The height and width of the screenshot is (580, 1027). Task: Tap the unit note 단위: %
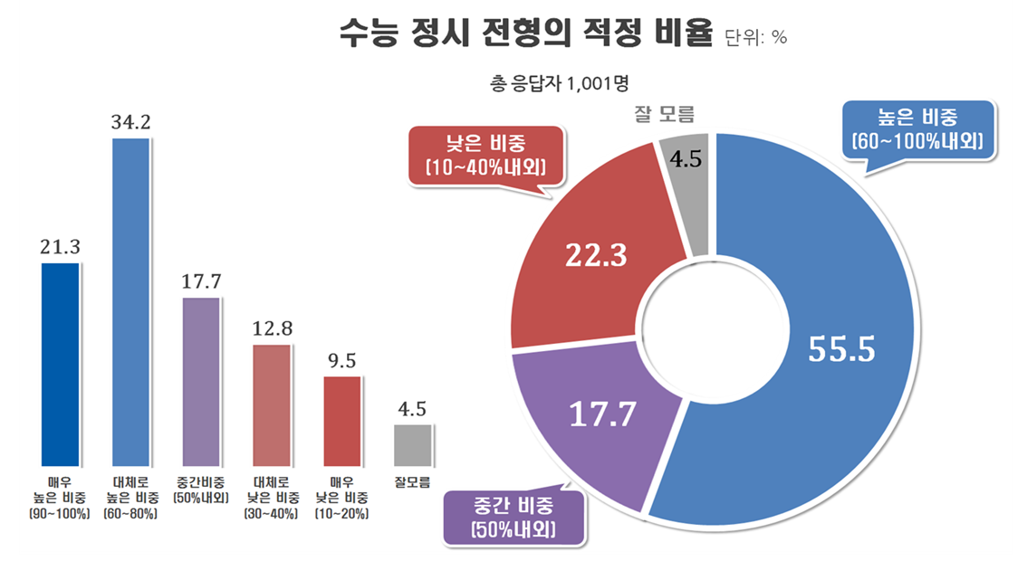pyautogui.click(x=756, y=38)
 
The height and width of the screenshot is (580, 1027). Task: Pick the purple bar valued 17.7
pyautogui.click(x=200, y=381)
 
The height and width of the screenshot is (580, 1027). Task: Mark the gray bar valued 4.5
pyautogui.click(x=412, y=443)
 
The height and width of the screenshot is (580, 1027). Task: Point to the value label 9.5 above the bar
pyautogui.click(x=341, y=361)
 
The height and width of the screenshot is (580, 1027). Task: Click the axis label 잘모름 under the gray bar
pyautogui.click(x=412, y=481)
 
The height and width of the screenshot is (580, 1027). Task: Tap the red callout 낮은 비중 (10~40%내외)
pyautogui.click(x=485, y=155)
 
